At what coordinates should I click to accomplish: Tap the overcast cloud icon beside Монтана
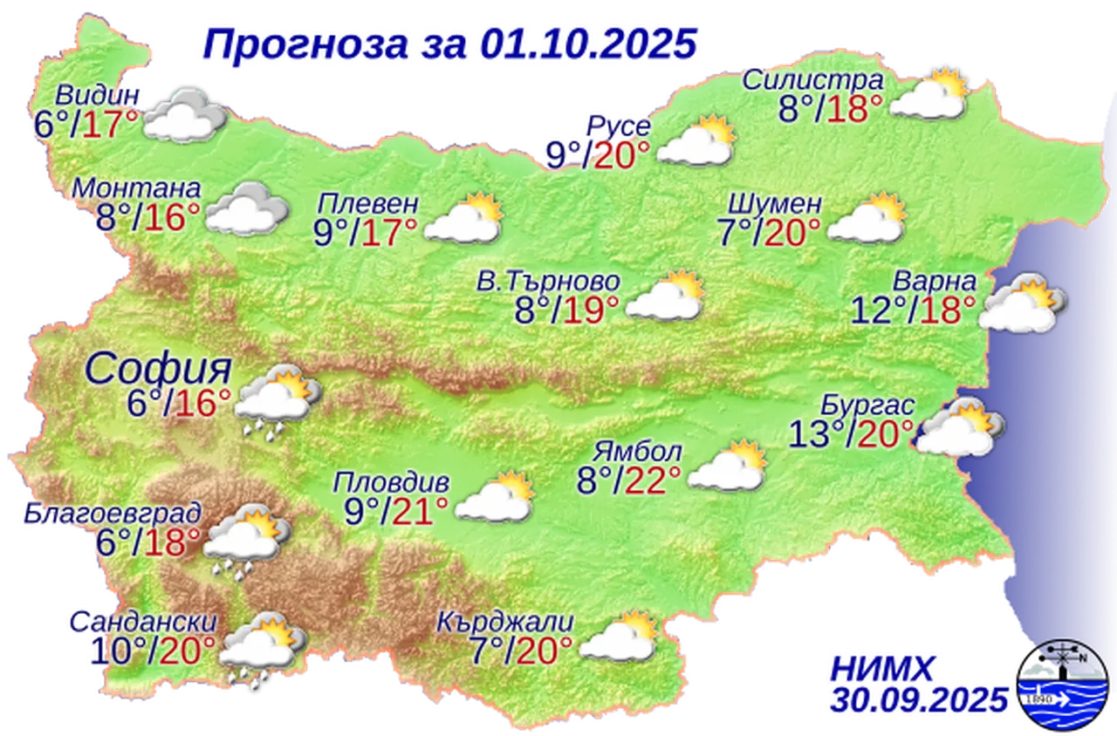247,209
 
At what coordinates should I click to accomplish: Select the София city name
158,369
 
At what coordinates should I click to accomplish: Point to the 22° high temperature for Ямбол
657,478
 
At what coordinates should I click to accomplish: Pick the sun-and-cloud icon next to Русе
696,142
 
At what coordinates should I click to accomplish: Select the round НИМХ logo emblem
1064,685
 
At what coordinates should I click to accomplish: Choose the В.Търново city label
549,282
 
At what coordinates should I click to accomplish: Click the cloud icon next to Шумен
867,220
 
